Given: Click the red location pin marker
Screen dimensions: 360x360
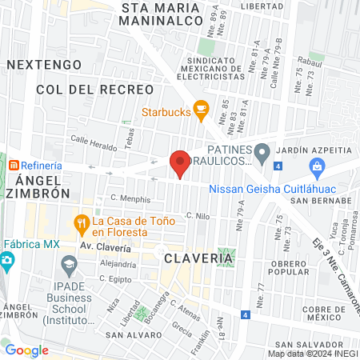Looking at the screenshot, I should click(x=180, y=164).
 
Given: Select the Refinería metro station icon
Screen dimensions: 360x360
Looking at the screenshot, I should click(x=14, y=165).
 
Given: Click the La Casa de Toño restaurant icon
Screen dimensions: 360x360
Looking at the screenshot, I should click(x=80, y=222).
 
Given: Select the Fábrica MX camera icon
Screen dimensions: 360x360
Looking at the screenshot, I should click(x=8, y=261).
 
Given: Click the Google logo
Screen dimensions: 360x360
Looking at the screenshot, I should click(x=26, y=350).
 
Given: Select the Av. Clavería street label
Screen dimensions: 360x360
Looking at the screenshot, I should click(x=104, y=246).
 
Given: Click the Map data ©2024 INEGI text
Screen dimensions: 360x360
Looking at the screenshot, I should click(x=312, y=354).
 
